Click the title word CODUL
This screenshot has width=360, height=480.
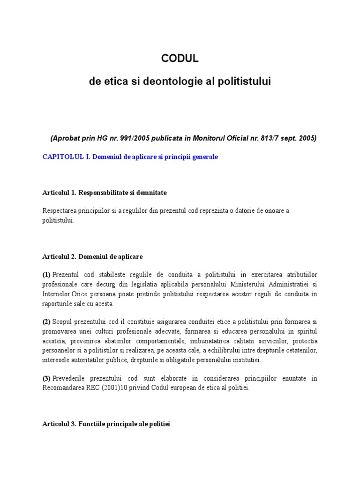pos(180,58)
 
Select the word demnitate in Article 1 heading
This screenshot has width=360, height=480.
pos(151,193)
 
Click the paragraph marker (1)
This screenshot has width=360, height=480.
pos(46,274)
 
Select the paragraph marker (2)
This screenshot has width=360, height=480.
pos(46,322)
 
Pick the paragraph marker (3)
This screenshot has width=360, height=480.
pos(46,378)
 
